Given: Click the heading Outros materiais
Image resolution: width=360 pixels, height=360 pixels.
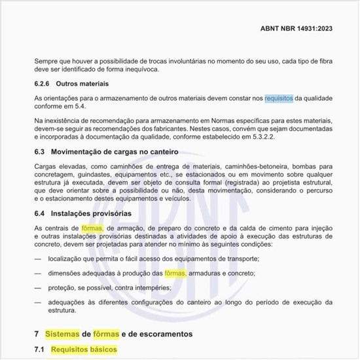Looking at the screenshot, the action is tap(82, 84).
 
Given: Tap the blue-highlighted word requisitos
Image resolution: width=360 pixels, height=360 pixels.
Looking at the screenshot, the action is tap(279, 98).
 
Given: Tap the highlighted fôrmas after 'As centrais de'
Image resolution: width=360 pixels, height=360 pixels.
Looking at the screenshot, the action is tap(92, 228).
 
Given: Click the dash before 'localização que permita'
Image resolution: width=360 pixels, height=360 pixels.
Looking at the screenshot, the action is tap(38, 259).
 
